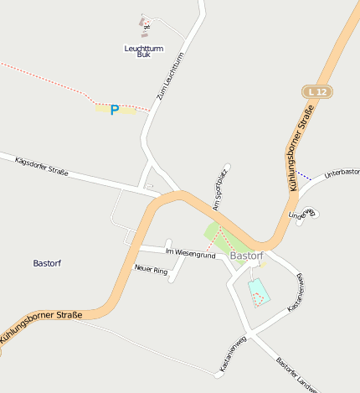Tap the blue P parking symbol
tap(115, 111)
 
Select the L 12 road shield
tap(316, 90)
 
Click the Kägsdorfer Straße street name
tap(42, 167)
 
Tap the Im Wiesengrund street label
tap(191, 252)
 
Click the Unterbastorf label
tap(342, 172)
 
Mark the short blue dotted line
tap(305, 175)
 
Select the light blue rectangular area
tap(258, 290)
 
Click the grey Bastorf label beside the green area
tap(246, 256)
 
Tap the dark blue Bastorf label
tap(47, 263)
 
